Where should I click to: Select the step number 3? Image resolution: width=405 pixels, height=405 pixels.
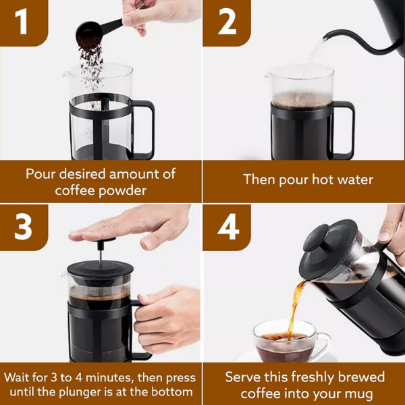(23, 227)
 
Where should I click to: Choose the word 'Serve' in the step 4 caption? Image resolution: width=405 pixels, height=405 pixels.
(246, 377)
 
